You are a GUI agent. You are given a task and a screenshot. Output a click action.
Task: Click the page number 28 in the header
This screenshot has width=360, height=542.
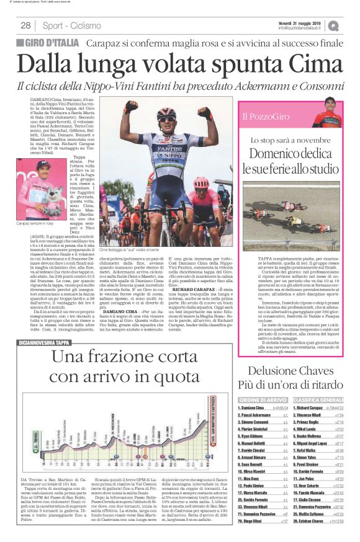coord(25,25)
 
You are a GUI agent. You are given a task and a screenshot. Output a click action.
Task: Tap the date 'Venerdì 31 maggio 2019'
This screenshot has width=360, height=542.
coord(305,22)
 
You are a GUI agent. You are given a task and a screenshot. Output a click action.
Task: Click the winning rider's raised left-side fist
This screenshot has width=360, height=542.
coord(132,105)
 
